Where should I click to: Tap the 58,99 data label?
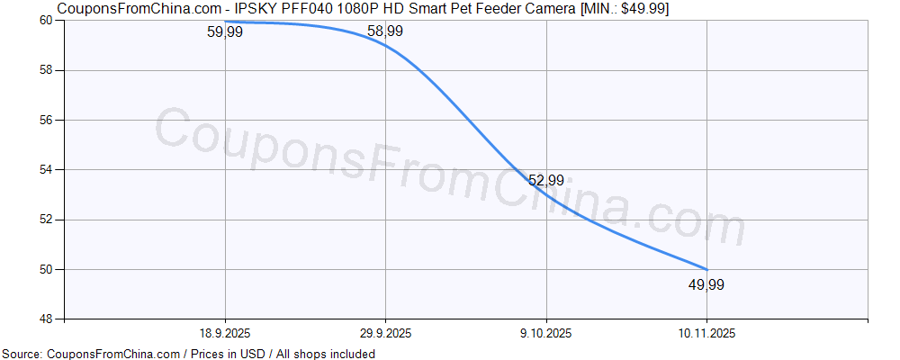pyautogui.click(x=385, y=31)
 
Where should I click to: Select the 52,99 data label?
pyautogui.click(x=546, y=181)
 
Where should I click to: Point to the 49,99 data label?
pyautogui.click(x=706, y=285)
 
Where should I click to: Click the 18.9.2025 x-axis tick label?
pyautogui.click(x=225, y=333)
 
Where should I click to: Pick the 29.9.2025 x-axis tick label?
pyautogui.click(x=385, y=333)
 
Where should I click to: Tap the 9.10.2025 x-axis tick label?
pyautogui.click(x=546, y=333)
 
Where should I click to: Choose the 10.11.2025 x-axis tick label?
pyautogui.click(x=706, y=333)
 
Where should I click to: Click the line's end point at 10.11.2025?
pyautogui.click(x=706, y=269)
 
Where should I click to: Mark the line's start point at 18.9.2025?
pyautogui.click(x=225, y=21)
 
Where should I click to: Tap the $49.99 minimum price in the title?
pyautogui.click(x=643, y=9)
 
